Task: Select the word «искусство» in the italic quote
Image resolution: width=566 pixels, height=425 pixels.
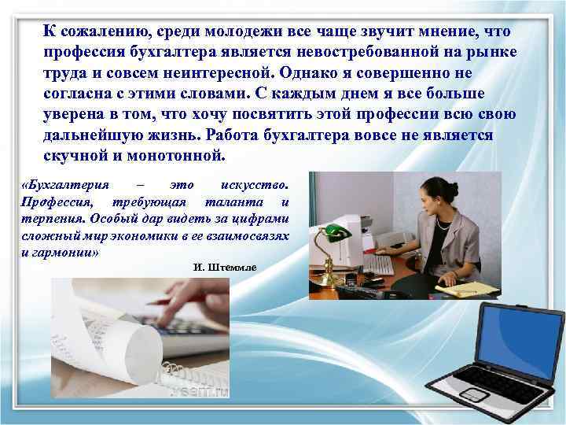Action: click(257, 186)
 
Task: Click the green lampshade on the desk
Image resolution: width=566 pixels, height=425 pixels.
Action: click(336, 232)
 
